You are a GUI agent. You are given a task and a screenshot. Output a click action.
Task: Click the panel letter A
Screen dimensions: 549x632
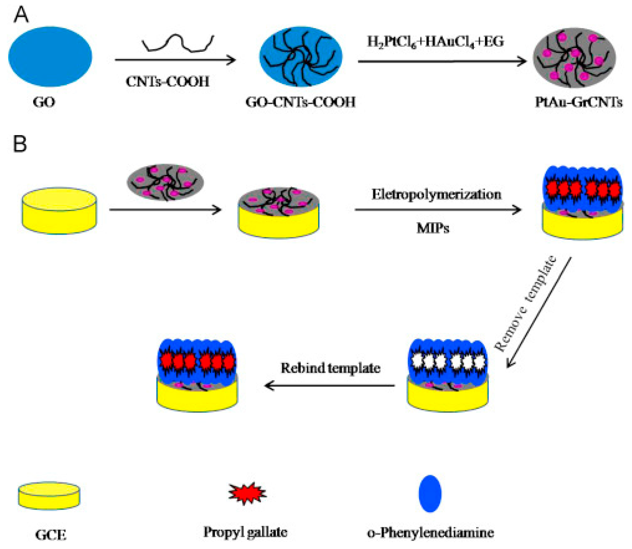(21, 15)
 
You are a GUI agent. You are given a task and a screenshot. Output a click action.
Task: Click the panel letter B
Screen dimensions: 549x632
(20, 144)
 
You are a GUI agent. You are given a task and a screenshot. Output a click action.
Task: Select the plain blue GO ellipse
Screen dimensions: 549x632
(50, 56)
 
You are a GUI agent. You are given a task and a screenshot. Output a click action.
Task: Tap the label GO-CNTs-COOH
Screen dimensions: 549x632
(300, 102)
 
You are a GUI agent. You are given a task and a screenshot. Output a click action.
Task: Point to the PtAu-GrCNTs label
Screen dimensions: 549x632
(578, 102)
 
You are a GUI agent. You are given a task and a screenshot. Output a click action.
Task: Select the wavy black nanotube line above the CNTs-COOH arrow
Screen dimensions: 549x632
(178, 43)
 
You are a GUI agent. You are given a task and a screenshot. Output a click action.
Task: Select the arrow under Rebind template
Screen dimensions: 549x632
(329, 385)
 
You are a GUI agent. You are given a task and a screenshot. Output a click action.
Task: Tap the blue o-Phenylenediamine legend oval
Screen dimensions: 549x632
(430, 494)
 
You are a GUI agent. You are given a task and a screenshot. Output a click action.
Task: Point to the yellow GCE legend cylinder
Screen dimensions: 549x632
(49, 496)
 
